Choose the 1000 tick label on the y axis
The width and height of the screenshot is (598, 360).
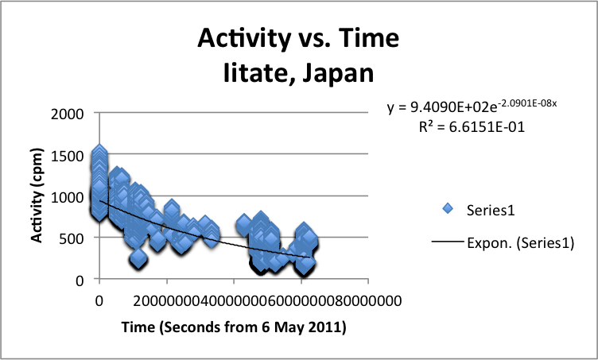(x=67, y=196)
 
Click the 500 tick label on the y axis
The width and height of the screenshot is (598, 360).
(x=71, y=238)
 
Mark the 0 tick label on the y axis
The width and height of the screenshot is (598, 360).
(x=79, y=280)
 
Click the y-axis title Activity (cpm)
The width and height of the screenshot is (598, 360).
(x=37, y=195)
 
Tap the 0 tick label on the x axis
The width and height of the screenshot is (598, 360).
(x=99, y=300)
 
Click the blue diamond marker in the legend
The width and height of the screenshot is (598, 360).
(x=448, y=208)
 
